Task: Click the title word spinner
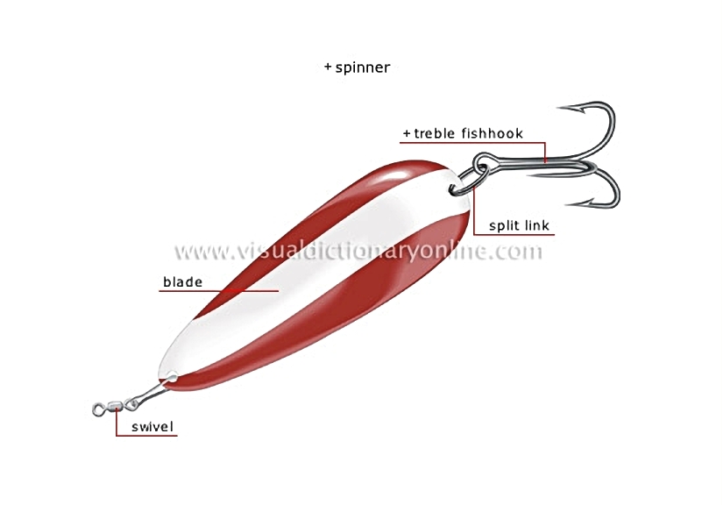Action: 363,68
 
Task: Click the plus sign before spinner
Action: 328,67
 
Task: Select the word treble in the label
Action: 433,133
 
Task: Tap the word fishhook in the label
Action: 492,133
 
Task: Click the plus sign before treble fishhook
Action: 407,134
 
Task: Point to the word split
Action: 505,225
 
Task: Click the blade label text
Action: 182,281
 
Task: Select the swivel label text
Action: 152,427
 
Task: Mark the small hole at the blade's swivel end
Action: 171,378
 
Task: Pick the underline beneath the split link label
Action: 514,235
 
